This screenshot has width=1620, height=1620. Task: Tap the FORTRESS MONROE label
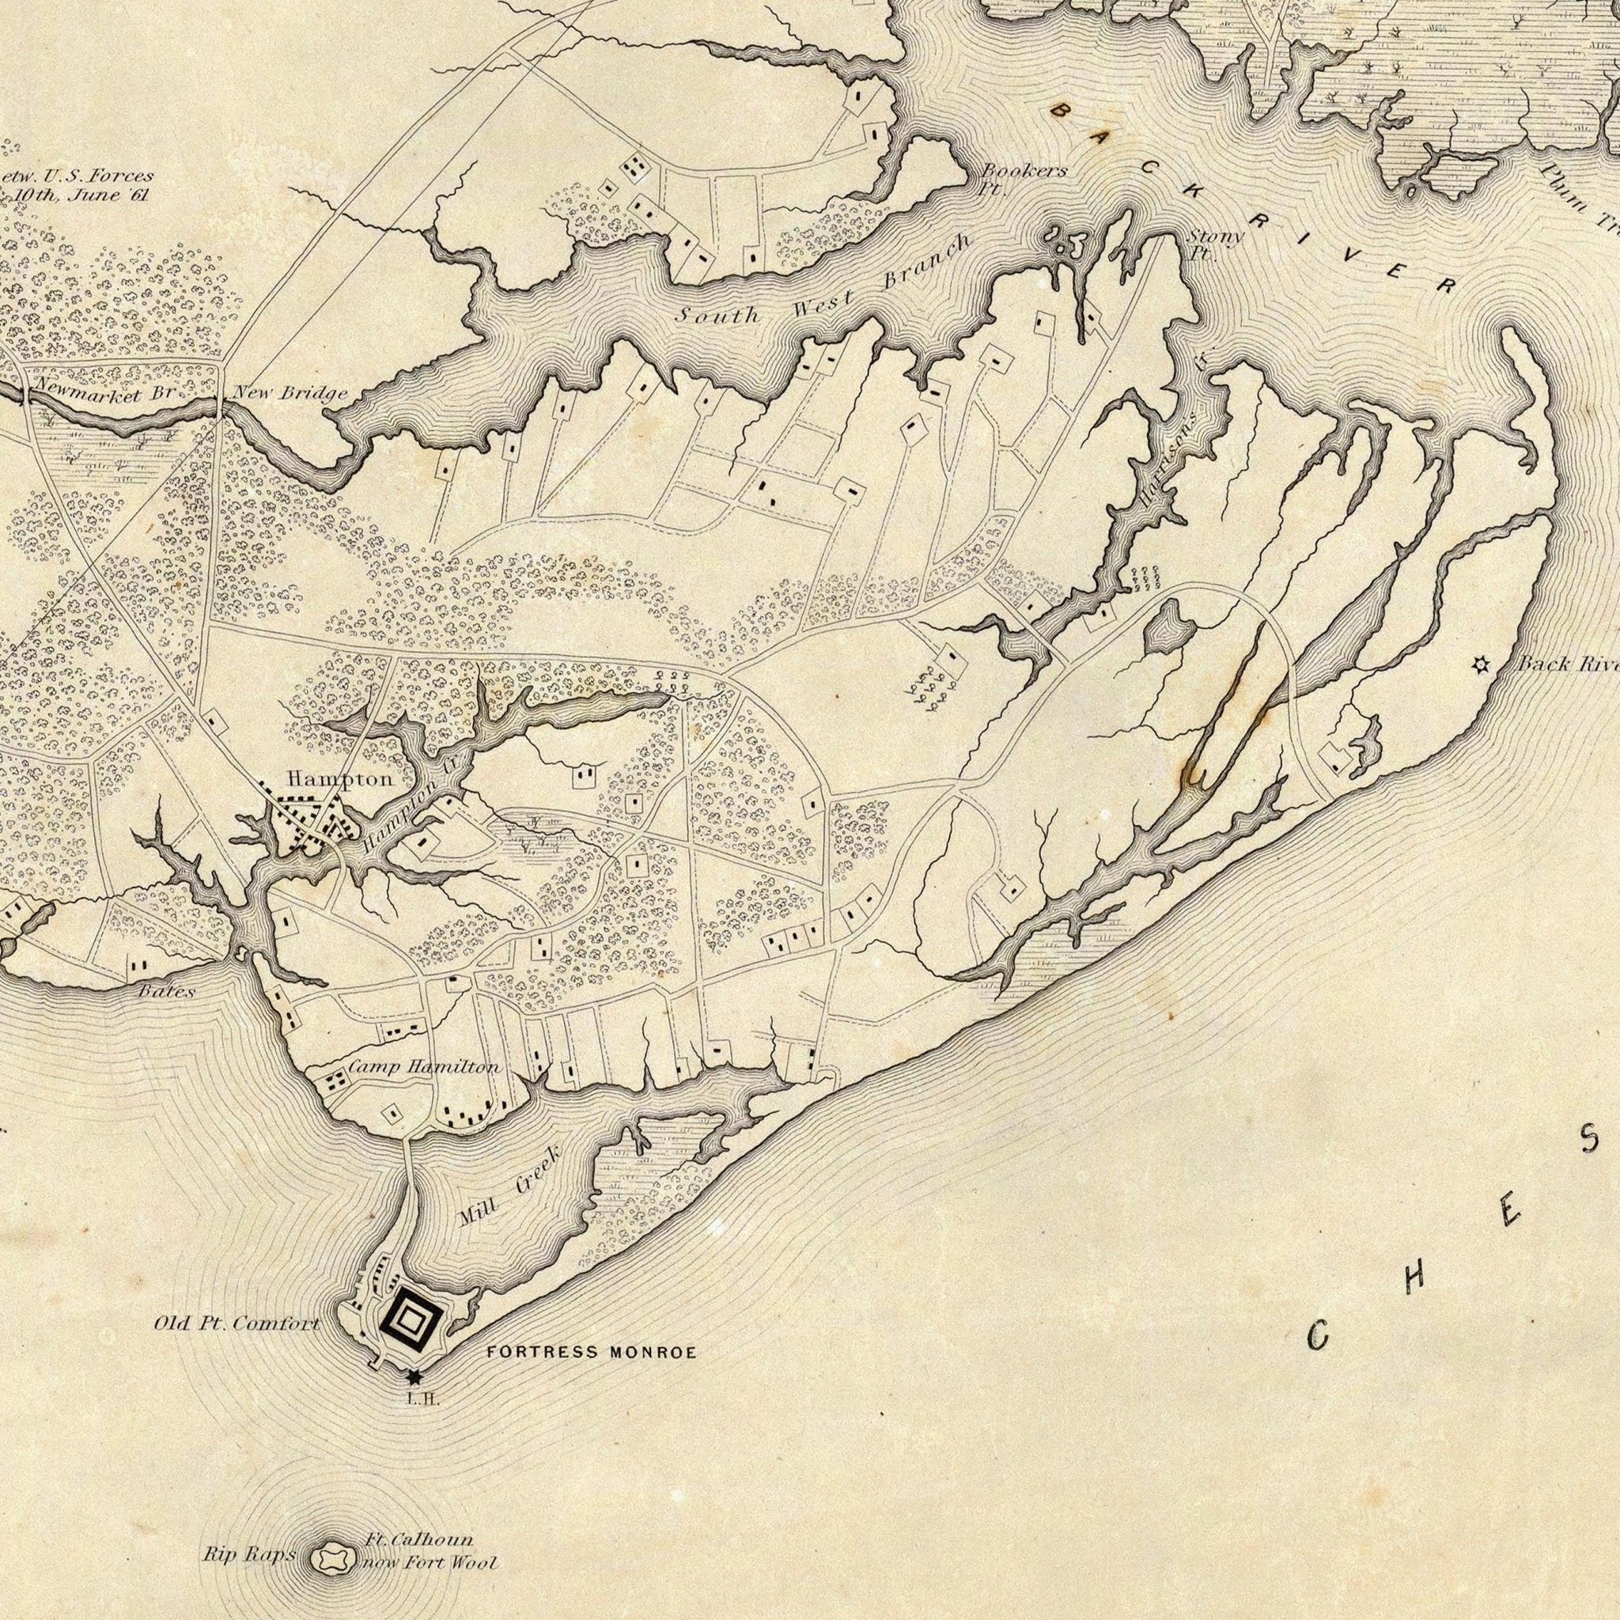click(591, 1353)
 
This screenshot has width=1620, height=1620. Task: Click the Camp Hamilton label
click(423, 1067)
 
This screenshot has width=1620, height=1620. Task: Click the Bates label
click(166, 991)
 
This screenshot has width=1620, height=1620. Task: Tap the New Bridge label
click(290, 393)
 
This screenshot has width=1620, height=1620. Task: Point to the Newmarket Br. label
click(103, 392)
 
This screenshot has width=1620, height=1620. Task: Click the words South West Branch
click(822, 283)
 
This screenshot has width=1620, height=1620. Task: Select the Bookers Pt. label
click(1024, 177)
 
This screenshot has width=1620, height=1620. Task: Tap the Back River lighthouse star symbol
click(1481, 665)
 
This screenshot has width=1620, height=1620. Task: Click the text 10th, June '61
click(81, 195)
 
